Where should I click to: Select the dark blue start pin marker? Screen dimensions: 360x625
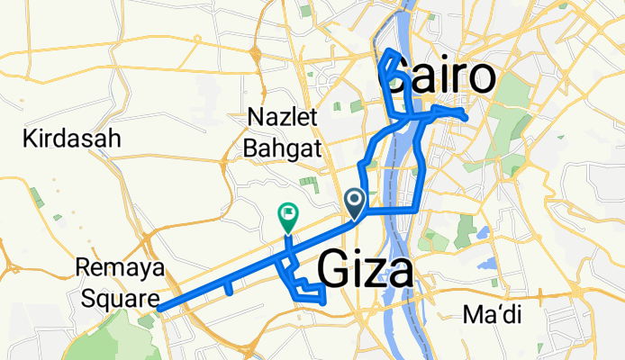(355, 202)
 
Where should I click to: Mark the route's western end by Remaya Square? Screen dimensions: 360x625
(159, 308)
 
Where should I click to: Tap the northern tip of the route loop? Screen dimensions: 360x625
(388, 51)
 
